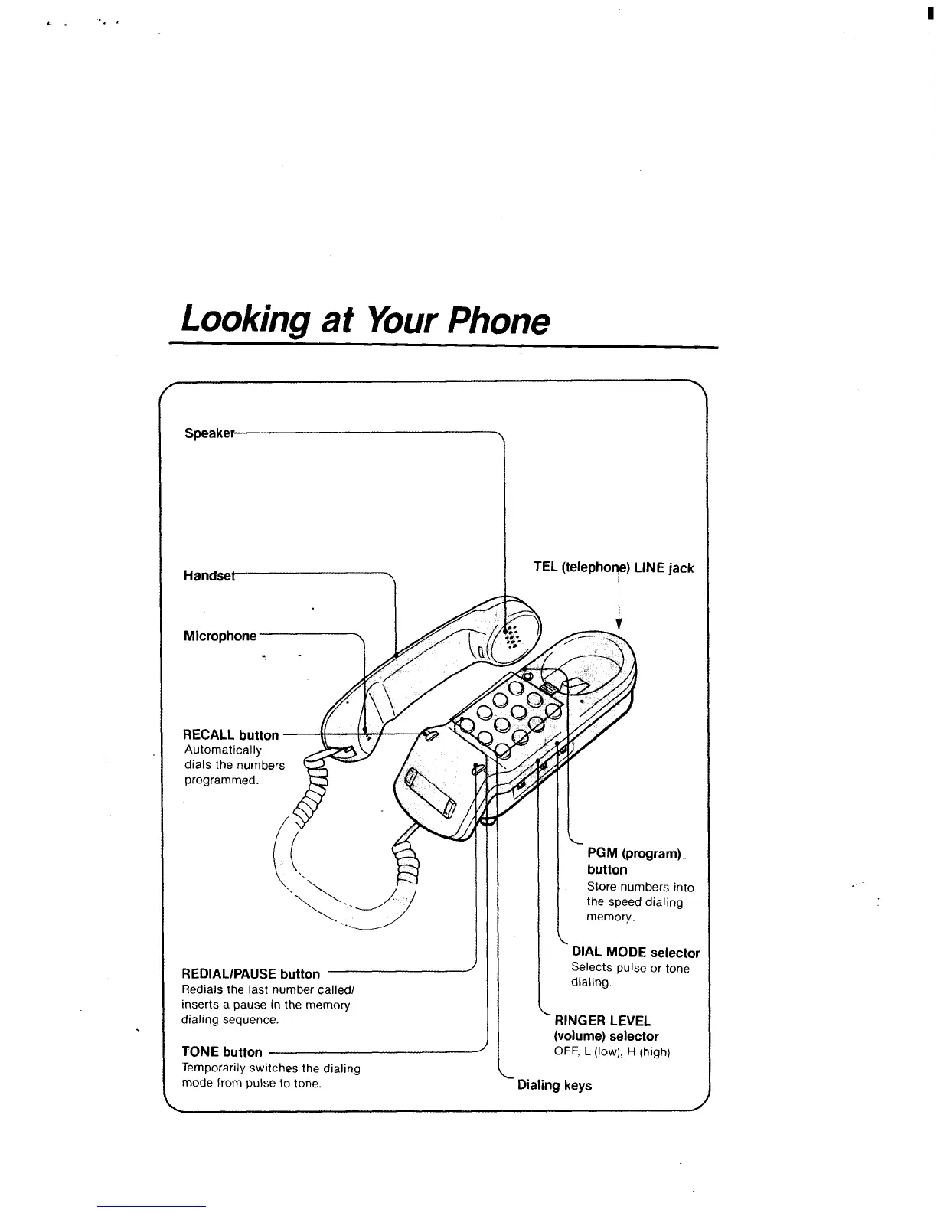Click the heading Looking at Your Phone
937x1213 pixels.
(x=365, y=320)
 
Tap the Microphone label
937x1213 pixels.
(x=220, y=636)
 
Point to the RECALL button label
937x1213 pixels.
(x=231, y=734)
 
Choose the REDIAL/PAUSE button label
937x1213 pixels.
(x=250, y=973)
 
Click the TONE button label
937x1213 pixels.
(x=221, y=1051)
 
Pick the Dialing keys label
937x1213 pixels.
(x=554, y=1085)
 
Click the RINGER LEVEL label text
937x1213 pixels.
(x=602, y=1020)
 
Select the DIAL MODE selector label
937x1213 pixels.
(x=635, y=953)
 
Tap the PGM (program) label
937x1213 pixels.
(x=634, y=853)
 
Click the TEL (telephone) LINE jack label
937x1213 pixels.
(x=613, y=567)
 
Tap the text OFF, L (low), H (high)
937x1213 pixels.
(x=612, y=1052)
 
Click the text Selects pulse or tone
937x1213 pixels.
(x=630, y=968)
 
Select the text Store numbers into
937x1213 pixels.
(x=640, y=887)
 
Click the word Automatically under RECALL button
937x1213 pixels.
(x=223, y=750)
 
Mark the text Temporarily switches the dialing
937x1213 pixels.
(x=270, y=1068)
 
